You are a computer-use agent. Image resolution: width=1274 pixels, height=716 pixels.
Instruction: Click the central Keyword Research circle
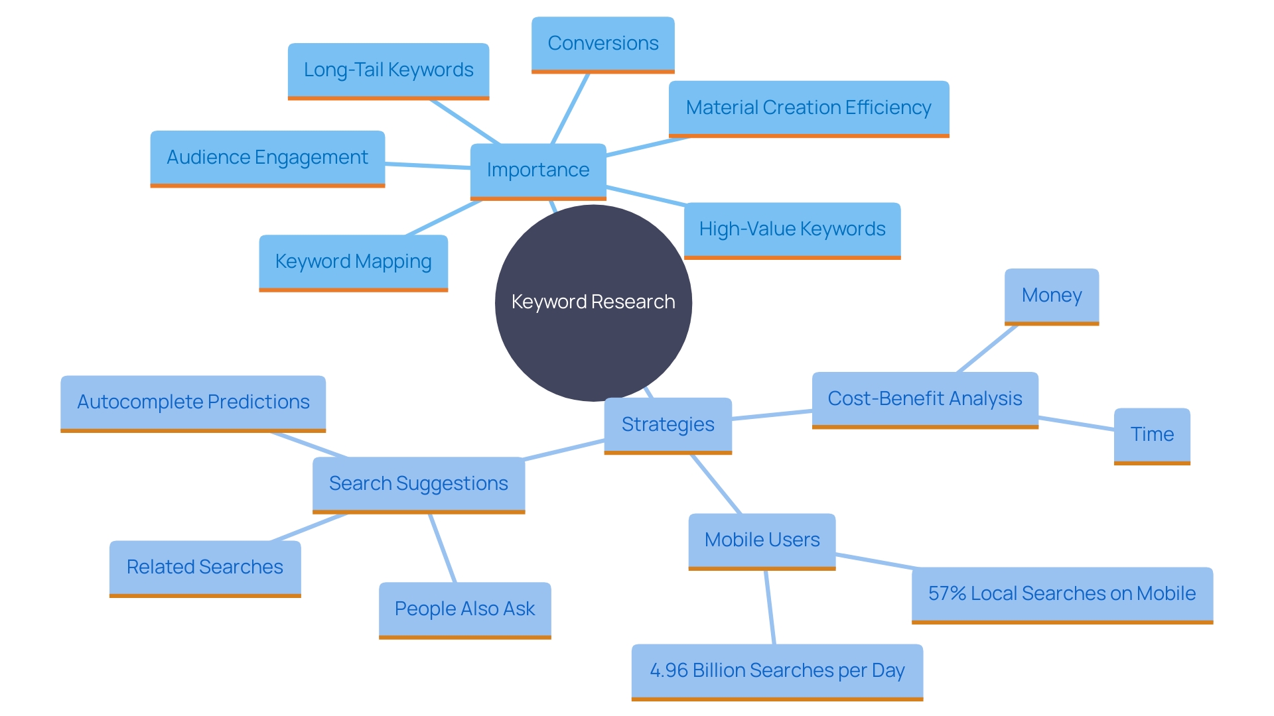(x=593, y=302)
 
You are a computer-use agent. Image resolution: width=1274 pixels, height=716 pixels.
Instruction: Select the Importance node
(x=538, y=170)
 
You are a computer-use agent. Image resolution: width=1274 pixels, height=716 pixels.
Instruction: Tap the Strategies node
(x=668, y=424)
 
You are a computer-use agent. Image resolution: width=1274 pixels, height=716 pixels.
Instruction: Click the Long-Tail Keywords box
(x=388, y=70)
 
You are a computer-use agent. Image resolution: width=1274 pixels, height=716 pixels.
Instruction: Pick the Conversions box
(x=602, y=44)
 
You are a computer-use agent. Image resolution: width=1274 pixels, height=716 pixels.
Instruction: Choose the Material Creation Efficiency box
(x=808, y=108)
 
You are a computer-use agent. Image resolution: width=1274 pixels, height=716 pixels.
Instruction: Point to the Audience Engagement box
(x=267, y=158)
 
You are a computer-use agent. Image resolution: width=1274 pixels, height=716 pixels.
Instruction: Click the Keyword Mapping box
(x=353, y=262)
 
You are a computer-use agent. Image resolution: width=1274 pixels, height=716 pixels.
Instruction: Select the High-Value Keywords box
(x=792, y=229)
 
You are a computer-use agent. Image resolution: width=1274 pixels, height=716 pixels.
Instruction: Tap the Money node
(x=1051, y=296)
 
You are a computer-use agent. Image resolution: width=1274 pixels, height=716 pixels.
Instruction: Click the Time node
(x=1152, y=435)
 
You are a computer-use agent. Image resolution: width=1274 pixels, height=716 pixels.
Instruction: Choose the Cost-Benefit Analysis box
(x=924, y=399)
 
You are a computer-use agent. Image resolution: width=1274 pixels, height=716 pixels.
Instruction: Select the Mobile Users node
(x=762, y=540)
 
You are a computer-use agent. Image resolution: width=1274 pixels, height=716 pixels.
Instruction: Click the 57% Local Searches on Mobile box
(x=1062, y=594)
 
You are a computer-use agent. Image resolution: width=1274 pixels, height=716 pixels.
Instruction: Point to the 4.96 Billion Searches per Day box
(x=777, y=671)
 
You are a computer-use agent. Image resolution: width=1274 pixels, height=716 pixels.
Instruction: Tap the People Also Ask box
(x=464, y=609)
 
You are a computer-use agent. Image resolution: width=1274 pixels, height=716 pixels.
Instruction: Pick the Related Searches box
(x=205, y=567)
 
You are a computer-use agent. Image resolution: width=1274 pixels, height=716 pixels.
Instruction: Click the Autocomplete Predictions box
(x=193, y=402)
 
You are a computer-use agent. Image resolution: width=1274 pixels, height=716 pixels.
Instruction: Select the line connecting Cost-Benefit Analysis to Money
(x=987, y=349)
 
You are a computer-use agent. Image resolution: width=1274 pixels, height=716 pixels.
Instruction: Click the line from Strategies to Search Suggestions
(x=564, y=449)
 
